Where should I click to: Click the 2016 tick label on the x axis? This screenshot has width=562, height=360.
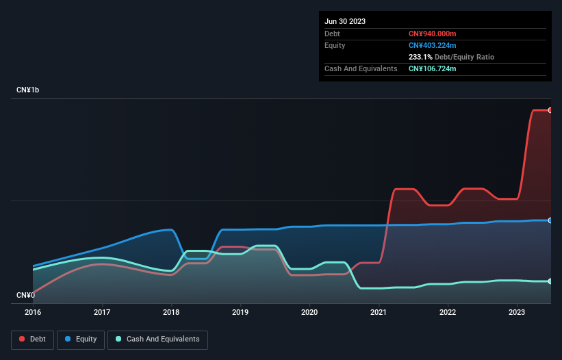pos(33,312)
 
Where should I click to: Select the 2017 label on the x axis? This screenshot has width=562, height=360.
pos(102,312)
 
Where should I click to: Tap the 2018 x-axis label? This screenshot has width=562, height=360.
pos(171,312)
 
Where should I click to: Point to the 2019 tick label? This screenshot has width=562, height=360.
pos(240,312)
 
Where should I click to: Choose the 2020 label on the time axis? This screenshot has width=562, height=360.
pos(309,312)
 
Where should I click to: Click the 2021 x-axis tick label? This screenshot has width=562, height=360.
pos(379,312)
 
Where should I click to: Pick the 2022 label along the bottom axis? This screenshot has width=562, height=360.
pos(448,312)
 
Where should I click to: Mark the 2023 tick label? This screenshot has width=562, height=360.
pos(517,312)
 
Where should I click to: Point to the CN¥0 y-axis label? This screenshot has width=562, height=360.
pos(25,295)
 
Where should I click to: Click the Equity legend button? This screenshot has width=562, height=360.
pos(81,339)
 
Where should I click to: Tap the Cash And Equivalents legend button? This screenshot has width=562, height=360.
pos(157,339)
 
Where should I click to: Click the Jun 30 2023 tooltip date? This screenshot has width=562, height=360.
pos(345,21)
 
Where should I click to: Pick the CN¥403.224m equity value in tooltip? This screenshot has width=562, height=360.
pos(433,45)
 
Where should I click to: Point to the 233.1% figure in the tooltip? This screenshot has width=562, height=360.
pos(420,57)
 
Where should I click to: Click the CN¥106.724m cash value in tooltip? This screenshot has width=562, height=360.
pos(432,69)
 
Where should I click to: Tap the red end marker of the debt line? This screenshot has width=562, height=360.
pos(550,110)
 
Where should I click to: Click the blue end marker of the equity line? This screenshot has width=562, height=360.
pos(550,220)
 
